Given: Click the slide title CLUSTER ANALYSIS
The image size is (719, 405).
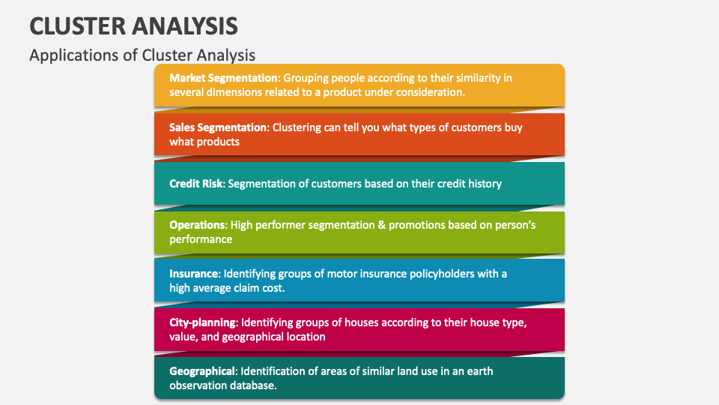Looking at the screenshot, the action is point(133,26).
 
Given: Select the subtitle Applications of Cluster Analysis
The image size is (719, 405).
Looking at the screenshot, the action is point(142,55).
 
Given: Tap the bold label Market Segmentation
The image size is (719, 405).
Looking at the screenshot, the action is point(224,78).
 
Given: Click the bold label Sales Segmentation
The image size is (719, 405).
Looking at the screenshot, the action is point(218,127).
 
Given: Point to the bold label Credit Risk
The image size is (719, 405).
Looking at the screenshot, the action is point(195,184).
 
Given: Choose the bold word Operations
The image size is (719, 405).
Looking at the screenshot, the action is point(197,225).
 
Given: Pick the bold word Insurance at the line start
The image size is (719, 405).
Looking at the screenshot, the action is point(194,274).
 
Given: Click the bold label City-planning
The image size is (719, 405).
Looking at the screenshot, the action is point(202,322).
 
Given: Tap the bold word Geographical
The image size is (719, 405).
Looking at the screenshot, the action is point(202,371).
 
